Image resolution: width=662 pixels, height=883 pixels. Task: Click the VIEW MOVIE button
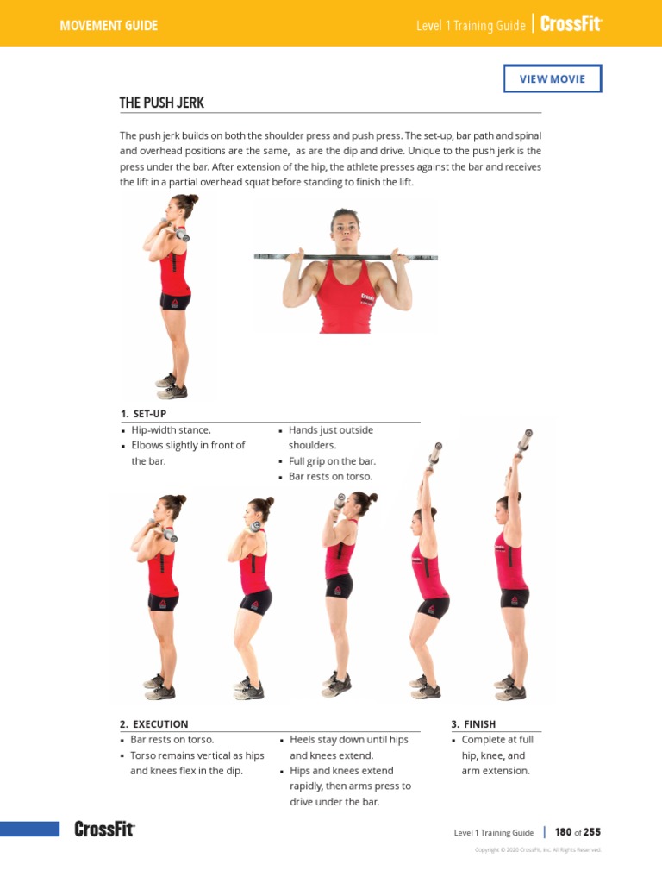(553, 78)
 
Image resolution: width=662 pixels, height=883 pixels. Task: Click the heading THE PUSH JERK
(161, 103)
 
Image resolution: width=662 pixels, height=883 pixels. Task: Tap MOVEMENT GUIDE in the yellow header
(109, 26)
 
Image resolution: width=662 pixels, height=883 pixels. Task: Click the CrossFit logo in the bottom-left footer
(104, 830)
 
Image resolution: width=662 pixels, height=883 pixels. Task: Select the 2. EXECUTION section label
(153, 724)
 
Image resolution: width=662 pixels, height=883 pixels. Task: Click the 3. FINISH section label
(473, 724)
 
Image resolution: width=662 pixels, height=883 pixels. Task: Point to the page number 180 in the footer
(563, 832)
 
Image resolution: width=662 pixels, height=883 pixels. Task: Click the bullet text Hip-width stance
(171, 429)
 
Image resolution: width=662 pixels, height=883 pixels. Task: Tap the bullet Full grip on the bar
(332, 460)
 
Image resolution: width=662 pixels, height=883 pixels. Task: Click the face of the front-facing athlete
(345, 228)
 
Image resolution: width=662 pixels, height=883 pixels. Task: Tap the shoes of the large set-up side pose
(172, 385)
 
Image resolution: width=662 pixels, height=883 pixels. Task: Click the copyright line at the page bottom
(538, 849)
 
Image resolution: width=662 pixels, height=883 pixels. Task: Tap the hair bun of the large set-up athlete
(193, 200)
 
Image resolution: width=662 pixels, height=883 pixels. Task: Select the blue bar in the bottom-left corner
(29, 829)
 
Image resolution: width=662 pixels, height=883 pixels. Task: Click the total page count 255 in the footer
(591, 832)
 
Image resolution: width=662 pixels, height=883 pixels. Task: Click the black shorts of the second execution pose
(256, 601)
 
